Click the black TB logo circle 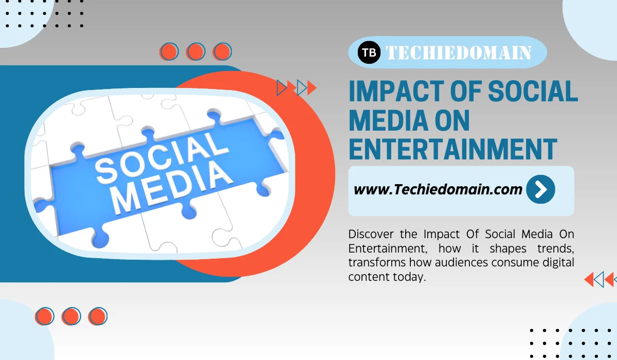click(369, 52)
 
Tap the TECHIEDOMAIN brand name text click(458, 52)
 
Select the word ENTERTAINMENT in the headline click(452, 148)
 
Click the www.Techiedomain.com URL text click(438, 189)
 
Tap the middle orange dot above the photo click(195, 51)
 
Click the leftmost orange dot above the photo click(169, 51)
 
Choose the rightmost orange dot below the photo click(98, 316)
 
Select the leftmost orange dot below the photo click(45, 316)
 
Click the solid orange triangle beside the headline click(311, 88)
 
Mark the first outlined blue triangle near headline click(282, 88)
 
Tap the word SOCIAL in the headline click(533, 92)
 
